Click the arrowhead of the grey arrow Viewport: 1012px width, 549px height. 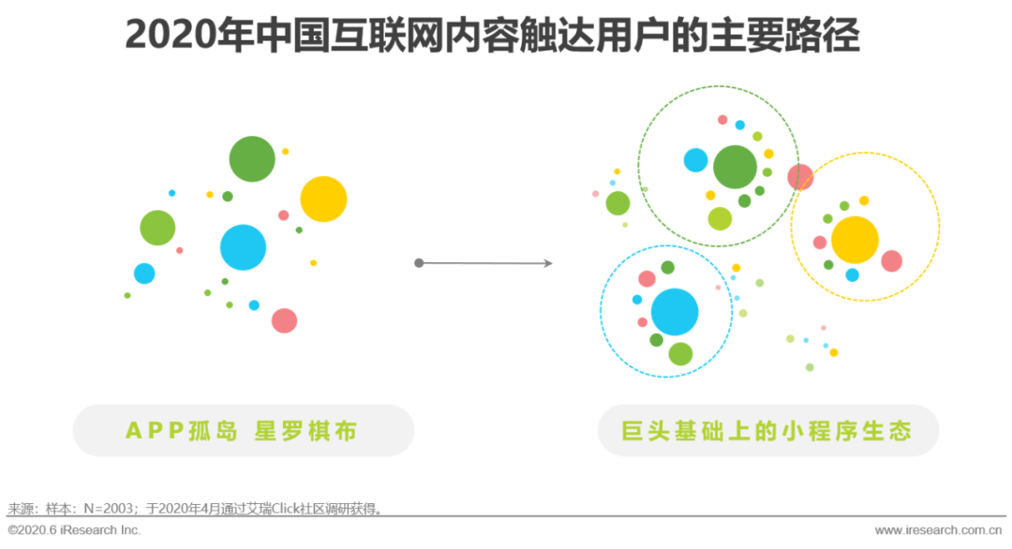pos(548,263)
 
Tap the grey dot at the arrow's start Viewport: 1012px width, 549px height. pos(419,263)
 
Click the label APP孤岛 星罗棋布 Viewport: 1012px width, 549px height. pos(242,431)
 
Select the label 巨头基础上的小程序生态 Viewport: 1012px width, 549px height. pos(766,431)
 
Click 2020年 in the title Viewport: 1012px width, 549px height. pos(189,35)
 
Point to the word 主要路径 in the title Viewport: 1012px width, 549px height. pos(784,35)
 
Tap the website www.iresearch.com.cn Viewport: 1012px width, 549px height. pos(938,530)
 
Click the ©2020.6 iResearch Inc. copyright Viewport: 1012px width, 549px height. pos(74,530)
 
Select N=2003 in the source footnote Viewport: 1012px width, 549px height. pos(109,509)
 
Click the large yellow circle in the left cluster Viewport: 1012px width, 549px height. pos(323,200)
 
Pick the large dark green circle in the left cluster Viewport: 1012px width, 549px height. pos(252,158)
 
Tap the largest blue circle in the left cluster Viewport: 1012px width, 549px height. pos(243,247)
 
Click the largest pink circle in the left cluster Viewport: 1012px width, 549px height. pos(284,320)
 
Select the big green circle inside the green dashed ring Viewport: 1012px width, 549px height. pos(736,167)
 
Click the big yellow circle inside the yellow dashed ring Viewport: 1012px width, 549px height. pos(856,240)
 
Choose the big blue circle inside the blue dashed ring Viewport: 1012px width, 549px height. pos(675,312)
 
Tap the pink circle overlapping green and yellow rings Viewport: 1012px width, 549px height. pos(800,177)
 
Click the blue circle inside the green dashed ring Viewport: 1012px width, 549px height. pos(695,160)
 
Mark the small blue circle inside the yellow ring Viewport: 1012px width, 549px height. pos(852,275)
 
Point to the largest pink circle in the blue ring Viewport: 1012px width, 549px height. pos(647,278)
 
